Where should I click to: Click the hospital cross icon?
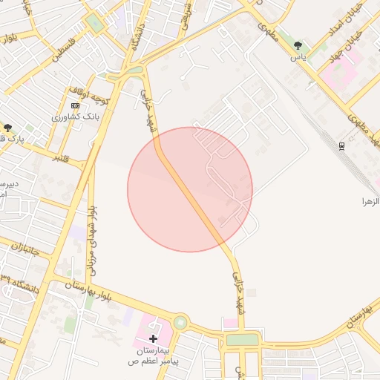click(153, 338)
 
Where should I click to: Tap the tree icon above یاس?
click(298, 46)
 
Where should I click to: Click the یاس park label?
click(298, 56)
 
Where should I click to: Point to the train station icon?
click(341, 146)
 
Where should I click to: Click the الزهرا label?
click(370, 201)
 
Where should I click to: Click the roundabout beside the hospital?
click(180, 323)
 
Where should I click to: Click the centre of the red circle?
click(190, 189)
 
